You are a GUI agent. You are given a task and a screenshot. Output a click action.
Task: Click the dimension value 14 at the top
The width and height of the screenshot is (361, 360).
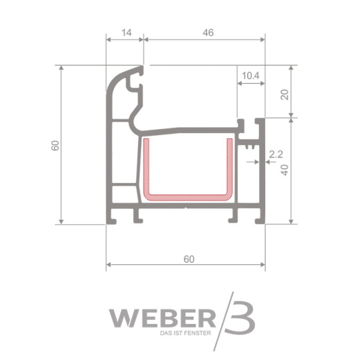point(126,33)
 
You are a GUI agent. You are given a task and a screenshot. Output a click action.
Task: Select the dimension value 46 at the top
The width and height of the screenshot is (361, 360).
point(208,33)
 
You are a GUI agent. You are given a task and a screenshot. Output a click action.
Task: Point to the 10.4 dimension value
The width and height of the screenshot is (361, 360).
point(251,76)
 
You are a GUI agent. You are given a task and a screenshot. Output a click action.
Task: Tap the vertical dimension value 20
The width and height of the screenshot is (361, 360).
point(285,94)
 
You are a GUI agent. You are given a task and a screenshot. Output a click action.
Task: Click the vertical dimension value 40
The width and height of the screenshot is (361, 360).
point(285,170)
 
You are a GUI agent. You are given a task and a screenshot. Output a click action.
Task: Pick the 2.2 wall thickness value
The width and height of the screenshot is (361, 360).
point(276,154)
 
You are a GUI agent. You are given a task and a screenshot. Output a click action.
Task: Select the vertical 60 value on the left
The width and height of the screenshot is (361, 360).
point(56,146)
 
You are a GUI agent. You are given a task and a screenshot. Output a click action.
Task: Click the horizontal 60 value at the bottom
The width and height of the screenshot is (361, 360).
point(189,259)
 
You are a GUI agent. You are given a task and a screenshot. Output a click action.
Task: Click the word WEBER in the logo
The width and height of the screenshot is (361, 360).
point(162,319)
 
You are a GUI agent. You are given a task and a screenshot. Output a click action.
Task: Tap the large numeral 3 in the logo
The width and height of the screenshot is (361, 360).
point(242,317)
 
